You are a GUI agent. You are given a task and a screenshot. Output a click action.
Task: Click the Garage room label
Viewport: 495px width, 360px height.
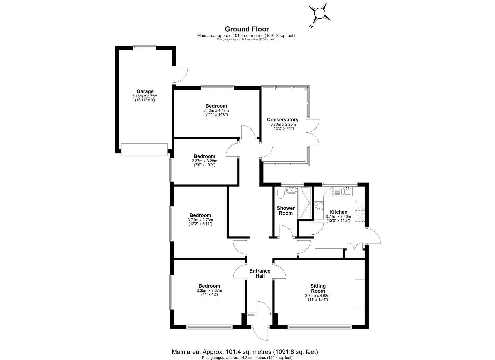145,91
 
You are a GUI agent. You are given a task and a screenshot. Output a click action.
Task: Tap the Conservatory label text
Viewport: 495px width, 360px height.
283,120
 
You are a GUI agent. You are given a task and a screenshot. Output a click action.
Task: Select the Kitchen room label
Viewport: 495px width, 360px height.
338,212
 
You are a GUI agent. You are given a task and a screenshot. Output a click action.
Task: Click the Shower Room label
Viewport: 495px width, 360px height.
286,211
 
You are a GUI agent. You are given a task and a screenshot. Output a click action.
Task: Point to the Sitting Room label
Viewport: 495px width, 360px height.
318,288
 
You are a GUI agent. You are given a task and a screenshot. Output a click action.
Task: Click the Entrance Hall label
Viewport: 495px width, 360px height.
260,273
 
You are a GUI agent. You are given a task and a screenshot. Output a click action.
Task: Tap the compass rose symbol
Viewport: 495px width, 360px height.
320,14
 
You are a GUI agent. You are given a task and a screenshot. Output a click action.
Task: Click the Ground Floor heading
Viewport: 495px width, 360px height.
247,29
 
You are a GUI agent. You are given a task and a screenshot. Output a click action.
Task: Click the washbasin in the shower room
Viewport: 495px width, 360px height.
292,190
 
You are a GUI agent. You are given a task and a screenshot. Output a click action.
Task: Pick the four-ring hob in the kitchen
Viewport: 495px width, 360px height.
318,206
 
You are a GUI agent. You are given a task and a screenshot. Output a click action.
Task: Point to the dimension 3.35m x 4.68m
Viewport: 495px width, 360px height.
318,296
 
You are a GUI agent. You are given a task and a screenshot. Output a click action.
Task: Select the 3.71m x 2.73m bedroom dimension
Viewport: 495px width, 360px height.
200,220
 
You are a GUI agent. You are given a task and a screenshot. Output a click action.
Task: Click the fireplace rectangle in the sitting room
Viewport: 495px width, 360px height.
360,294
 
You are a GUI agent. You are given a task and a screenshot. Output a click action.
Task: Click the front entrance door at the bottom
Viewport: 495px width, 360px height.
261,330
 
